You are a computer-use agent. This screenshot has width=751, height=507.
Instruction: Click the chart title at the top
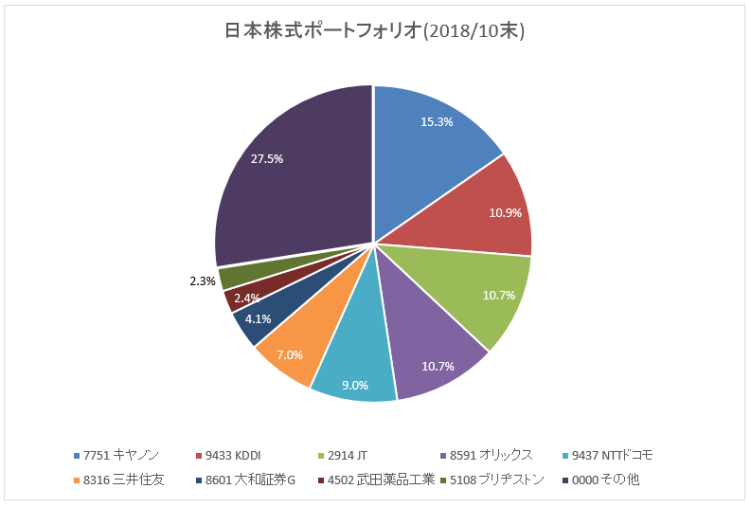pos(374,31)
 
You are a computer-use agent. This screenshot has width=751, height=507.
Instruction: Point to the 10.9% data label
pos(505,212)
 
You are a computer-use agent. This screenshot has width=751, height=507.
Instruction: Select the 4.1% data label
pos(259,319)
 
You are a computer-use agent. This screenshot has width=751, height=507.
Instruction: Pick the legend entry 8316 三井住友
pos(124,480)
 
